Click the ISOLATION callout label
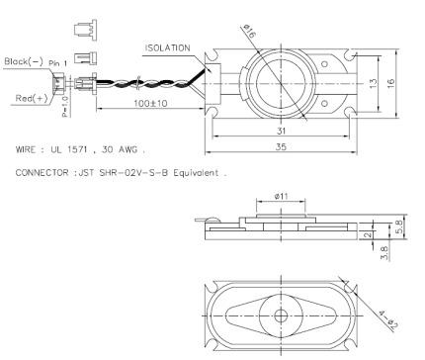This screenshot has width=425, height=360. point(168,48)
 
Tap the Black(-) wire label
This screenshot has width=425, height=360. point(24,61)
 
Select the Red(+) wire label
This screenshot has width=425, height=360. point(32,98)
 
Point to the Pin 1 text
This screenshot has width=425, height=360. point(57,63)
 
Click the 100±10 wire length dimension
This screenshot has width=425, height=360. point(150,103)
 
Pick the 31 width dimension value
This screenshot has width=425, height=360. point(281,131)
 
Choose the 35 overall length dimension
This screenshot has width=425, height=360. point(281,146)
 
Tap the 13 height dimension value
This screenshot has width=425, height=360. point(373,83)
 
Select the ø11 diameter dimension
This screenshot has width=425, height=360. point(281,196)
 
